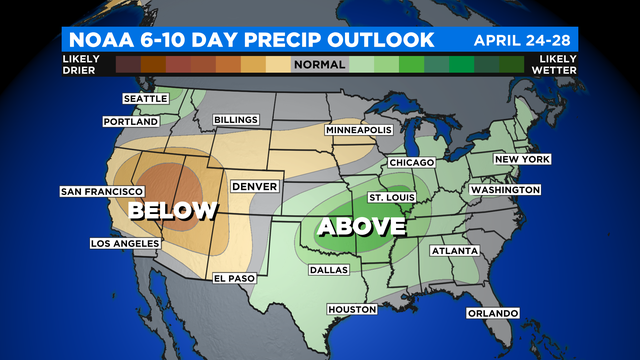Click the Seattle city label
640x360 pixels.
pos(146,99)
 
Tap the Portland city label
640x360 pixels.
pos(131,121)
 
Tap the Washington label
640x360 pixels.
pos(505,189)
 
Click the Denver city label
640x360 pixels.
pos(253,186)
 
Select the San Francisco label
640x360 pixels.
pos(97,191)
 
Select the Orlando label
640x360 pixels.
pos(492,313)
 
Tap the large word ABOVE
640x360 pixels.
pos(361,227)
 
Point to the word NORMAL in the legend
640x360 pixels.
pos(319,65)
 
